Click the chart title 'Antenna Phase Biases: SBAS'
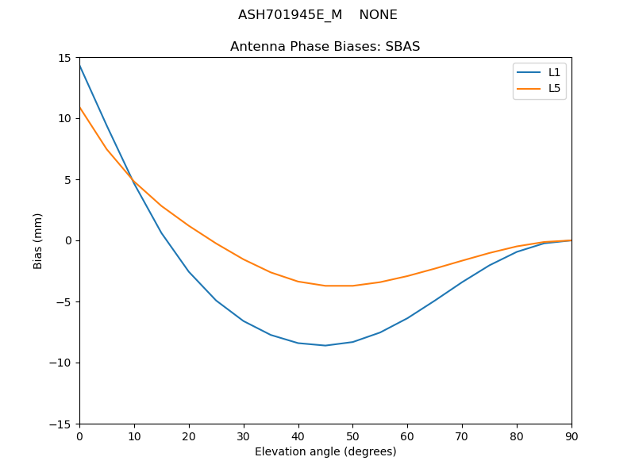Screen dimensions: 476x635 pyautogui.click(x=325, y=47)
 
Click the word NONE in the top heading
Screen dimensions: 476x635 pyautogui.click(x=378, y=15)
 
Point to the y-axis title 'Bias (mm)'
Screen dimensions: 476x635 pyautogui.click(x=38, y=240)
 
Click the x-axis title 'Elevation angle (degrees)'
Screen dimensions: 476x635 pyautogui.click(x=325, y=451)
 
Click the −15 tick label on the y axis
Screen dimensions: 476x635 pyautogui.click(x=62, y=424)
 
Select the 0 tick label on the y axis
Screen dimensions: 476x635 pyautogui.click(x=69, y=240)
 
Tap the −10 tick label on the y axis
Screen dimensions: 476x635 pyautogui.click(x=62, y=363)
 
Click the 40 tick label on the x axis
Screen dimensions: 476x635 pyautogui.click(x=298, y=436)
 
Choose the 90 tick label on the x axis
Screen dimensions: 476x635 pyautogui.click(x=571, y=436)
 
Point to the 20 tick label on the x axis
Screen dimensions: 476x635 pyautogui.click(x=189, y=436)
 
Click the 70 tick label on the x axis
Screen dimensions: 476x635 pyautogui.click(x=462, y=436)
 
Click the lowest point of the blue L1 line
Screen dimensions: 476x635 pyautogui.click(x=325, y=345)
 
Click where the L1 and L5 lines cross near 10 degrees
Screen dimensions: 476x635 pyautogui.click(x=133, y=180)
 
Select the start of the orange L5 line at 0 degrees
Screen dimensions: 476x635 pyautogui.click(x=79, y=107)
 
